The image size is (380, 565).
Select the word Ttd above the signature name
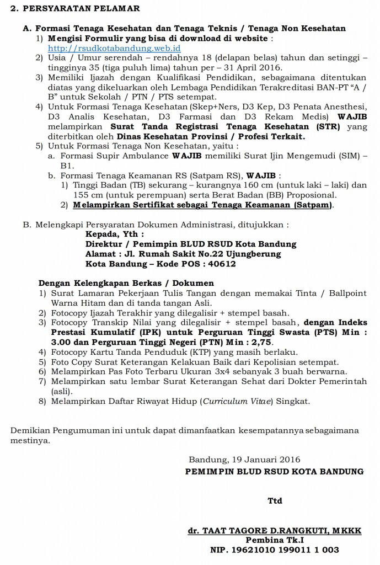point(275,500)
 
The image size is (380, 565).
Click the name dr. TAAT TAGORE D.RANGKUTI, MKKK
point(275,530)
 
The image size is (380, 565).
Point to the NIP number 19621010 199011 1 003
point(274,550)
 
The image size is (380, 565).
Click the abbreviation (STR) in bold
point(328,126)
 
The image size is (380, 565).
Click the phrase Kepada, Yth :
point(115,234)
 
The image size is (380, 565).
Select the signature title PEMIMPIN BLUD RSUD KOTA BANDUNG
point(274,471)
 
